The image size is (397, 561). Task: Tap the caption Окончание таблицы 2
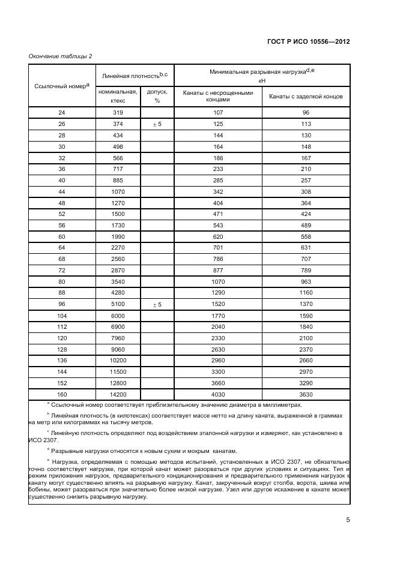click(x=60, y=56)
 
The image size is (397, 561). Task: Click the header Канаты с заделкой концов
click(x=306, y=96)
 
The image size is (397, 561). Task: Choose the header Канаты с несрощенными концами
click(x=218, y=96)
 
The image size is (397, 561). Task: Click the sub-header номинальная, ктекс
click(x=118, y=96)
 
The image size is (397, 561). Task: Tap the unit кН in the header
click(x=262, y=80)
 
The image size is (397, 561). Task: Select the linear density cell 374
click(x=118, y=124)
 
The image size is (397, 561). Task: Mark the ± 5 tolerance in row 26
click(x=157, y=124)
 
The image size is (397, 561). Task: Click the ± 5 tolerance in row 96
click(x=157, y=305)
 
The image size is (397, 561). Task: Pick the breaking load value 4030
click(x=218, y=394)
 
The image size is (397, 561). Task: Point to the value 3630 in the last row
click(x=306, y=394)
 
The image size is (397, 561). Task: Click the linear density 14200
click(x=118, y=394)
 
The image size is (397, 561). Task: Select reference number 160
click(x=61, y=394)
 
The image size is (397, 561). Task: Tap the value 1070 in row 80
click(x=218, y=282)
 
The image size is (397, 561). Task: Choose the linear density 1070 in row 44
click(x=118, y=191)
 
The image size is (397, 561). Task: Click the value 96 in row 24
click(x=306, y=112)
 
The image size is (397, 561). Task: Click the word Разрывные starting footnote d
click(x=68, y=451)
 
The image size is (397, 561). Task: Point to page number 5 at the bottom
click(x=348, y=520)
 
